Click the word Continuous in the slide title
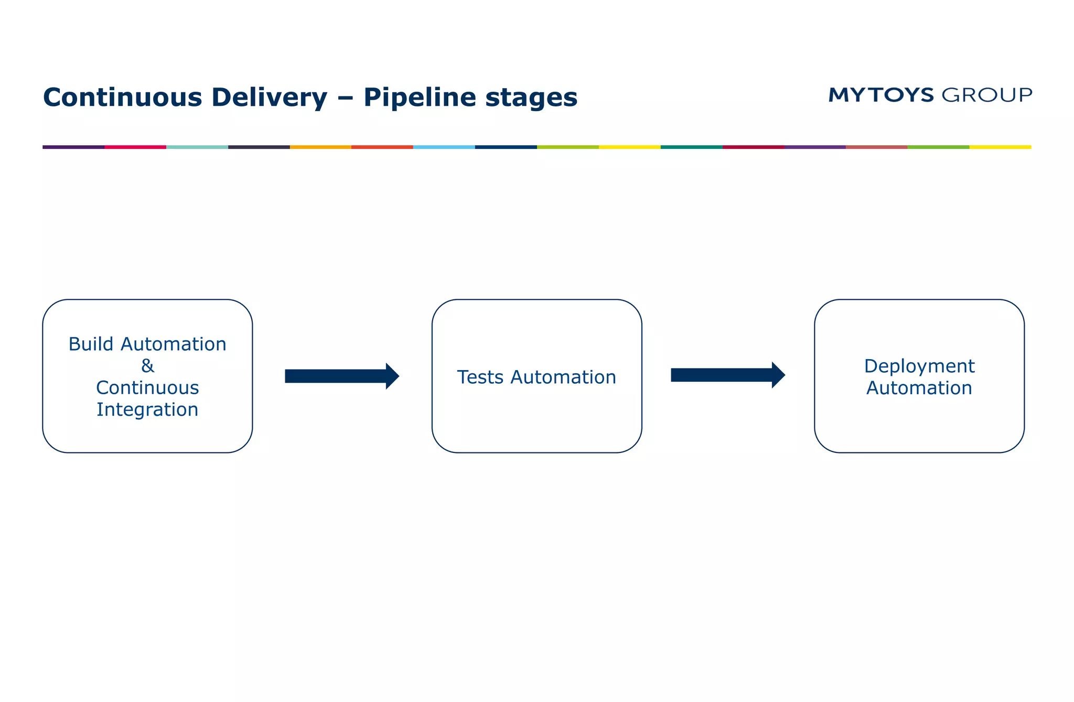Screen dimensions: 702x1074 (122, 98)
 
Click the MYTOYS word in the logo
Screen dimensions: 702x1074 (881, 95)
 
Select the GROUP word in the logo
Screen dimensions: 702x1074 (987, 95)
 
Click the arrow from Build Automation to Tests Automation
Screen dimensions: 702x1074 (341, 376)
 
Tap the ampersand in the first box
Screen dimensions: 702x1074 (147, 365)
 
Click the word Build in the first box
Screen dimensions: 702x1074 (91, 344)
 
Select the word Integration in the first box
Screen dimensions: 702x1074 (147, 409)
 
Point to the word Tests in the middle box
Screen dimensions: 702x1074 (480, 377)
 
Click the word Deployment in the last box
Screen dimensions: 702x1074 (919, 366)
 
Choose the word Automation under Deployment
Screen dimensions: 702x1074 (919, 388)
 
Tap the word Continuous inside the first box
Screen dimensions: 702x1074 (147, 387)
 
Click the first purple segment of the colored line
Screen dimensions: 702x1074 (73, 147)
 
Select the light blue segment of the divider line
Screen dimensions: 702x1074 (444, 147)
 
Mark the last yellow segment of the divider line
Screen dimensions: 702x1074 (1000, 147)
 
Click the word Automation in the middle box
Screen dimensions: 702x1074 (563, 377)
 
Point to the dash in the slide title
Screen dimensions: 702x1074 (345, 98)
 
